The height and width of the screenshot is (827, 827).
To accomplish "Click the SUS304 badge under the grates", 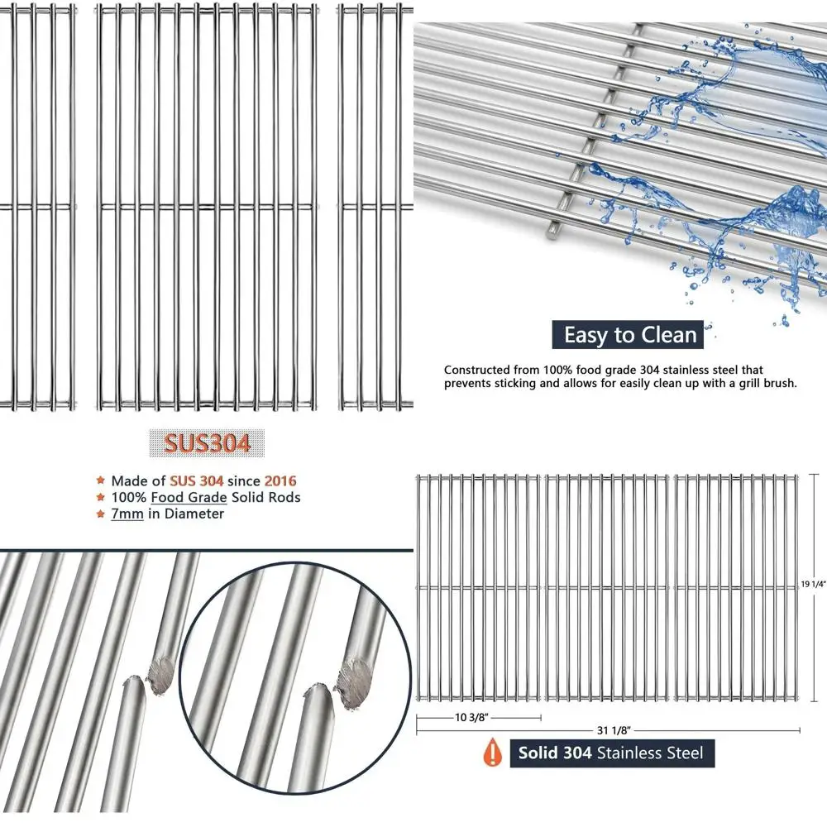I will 207,443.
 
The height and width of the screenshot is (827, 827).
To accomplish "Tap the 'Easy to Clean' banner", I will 630,335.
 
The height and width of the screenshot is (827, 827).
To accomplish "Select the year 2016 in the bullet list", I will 280,480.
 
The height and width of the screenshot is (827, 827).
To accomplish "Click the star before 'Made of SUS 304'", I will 101,480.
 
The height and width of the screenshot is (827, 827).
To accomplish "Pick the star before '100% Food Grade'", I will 101,497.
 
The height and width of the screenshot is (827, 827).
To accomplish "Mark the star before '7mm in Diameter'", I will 101,514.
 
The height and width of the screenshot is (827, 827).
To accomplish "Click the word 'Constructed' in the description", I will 476,370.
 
